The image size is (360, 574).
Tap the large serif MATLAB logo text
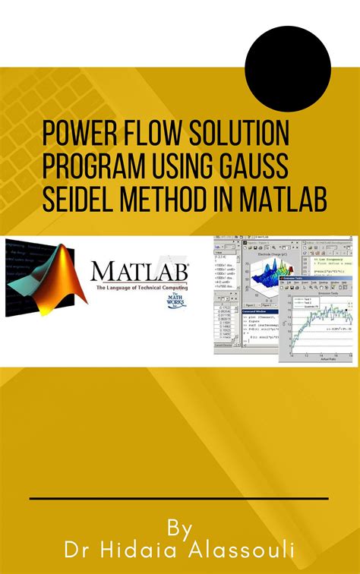[141, 271]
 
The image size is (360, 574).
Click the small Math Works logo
[175, 302]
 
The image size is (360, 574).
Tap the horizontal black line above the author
[179, 499]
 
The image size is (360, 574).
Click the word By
[180, 528]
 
